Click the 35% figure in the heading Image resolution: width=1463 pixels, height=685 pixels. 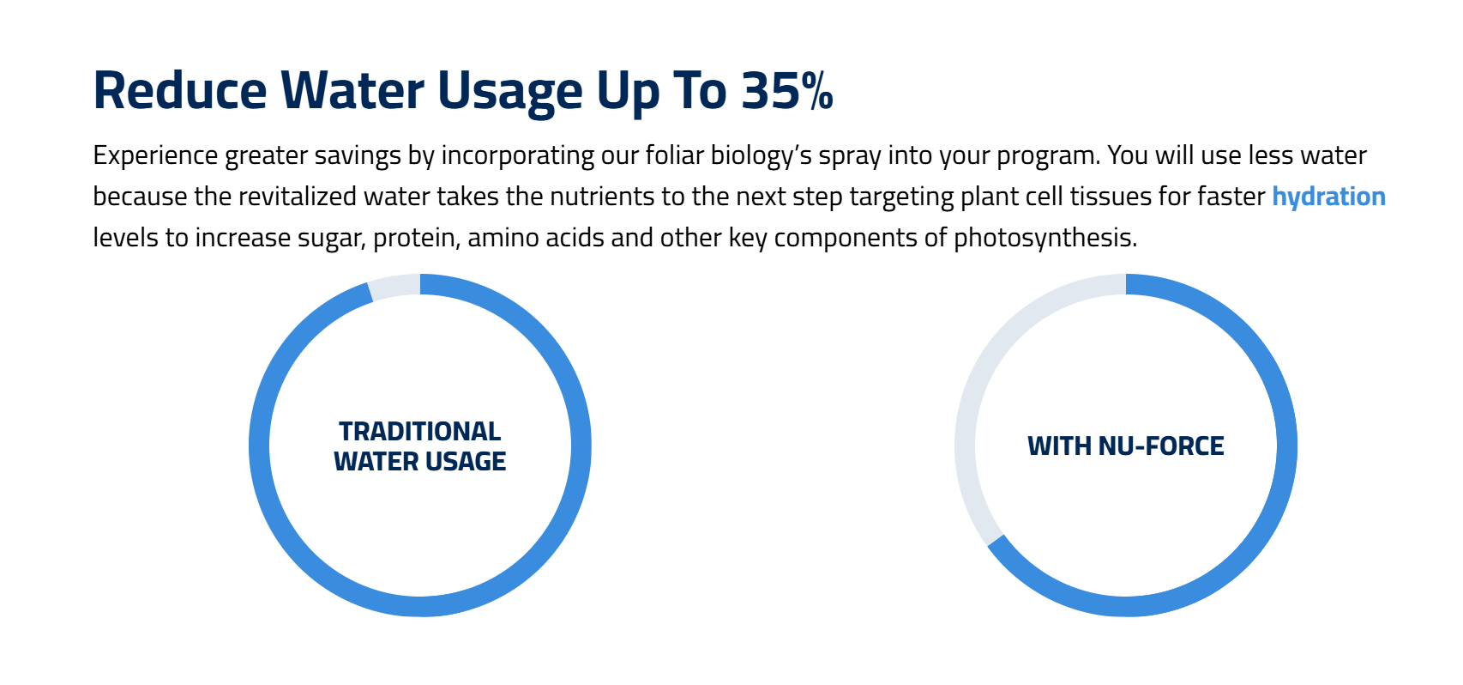click(787, 90)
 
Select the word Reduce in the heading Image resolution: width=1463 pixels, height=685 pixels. click(180, 90)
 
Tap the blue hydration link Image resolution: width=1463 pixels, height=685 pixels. click(1328, 196)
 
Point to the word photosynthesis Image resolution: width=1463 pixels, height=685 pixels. click(1045, 238)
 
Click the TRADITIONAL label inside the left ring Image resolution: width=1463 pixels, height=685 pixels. click(420, 432)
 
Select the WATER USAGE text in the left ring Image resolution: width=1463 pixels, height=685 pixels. click(420, 462)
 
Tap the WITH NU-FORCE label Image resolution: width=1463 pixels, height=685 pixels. click(1125, 446)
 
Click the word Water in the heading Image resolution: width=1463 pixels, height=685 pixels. click(352, 90)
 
